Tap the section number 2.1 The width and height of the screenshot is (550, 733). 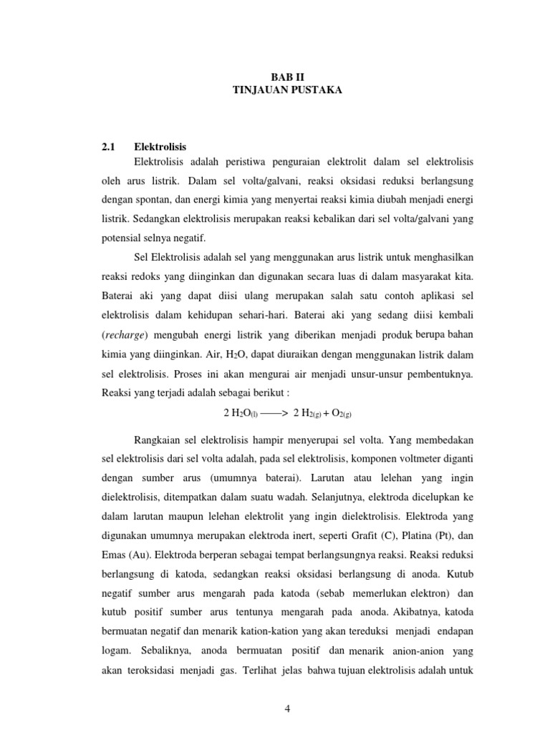(x=108, y=146)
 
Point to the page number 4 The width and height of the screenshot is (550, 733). (x=286, y=709)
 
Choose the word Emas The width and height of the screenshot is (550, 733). (x=117, y=535)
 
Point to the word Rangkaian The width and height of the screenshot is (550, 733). (x=161, y=437)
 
